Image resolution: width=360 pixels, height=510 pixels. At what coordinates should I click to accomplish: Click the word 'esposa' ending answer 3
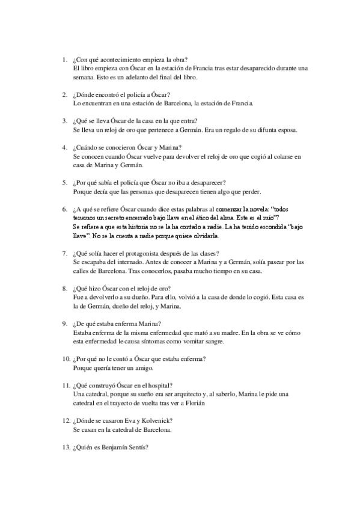click(283, 129)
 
